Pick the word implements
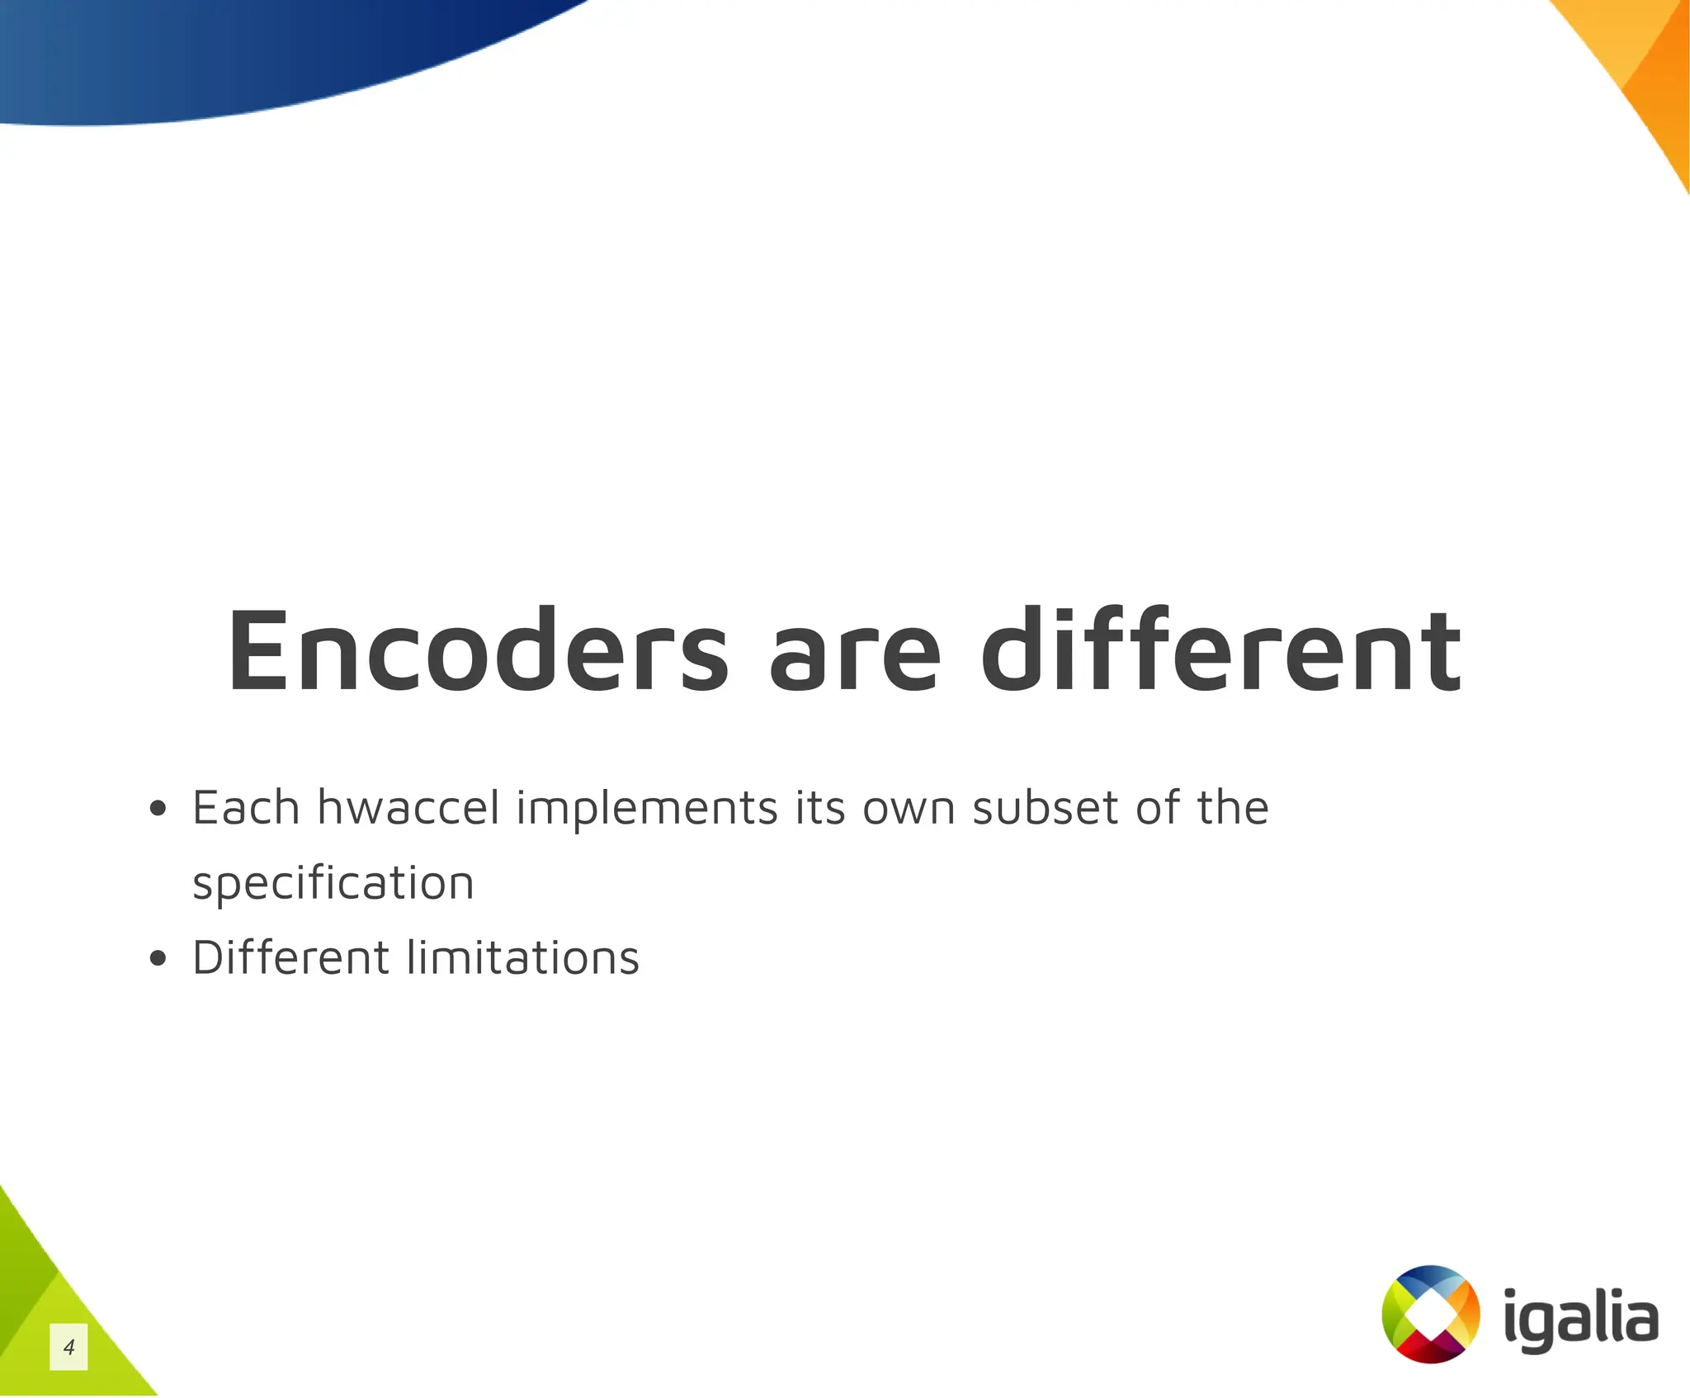coord(647,809)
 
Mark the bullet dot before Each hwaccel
coord(158,810)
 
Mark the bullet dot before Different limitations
coord(158,959)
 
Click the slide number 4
coord(68,1347)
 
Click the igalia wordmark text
coord(1579,1318)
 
